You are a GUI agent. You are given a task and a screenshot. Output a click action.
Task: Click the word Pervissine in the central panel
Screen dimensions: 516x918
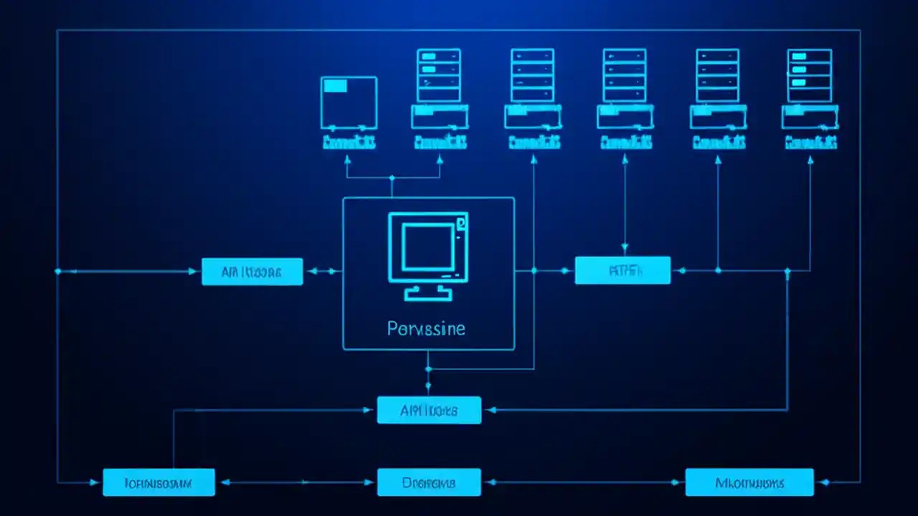tap(426, 329)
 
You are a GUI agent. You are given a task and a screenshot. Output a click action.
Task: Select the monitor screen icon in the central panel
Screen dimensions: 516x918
tap(428, 247)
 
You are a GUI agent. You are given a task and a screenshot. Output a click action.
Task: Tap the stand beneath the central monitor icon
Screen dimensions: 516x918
tap(428, 292)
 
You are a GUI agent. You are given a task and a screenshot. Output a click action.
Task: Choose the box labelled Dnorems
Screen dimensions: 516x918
tap(429, 482)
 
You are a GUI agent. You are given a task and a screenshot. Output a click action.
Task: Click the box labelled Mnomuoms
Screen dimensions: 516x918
tap(749, 482)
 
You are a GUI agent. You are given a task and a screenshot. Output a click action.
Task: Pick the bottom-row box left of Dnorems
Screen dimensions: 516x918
tap(158, 482)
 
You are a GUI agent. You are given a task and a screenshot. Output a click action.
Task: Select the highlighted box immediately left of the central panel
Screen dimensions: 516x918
tap(252, 272)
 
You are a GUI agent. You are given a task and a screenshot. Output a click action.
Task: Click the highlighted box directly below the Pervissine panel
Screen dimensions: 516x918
tap(429, 410)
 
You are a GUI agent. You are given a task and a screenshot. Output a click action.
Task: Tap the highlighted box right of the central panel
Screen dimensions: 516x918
tap(623, 271)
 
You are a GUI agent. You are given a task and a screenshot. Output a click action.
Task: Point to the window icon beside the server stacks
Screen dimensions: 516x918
tap(349, 102)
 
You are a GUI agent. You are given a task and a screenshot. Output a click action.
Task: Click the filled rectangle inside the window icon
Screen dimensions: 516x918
tap(335, 86)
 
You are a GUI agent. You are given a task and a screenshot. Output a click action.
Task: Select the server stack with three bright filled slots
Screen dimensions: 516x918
tap(809, 75)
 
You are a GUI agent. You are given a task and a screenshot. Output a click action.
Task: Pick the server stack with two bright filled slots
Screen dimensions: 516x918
tap(438, 75)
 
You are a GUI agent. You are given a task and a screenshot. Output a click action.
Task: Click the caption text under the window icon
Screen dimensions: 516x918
tap(349, 142)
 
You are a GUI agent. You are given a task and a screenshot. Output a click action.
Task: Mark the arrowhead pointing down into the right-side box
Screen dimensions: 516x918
tap(625, 250)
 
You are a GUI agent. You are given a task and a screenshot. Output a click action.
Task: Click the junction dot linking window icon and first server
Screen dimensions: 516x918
tap(392, 177)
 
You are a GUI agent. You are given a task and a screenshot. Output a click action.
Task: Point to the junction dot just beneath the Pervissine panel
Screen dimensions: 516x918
tap(428, 369)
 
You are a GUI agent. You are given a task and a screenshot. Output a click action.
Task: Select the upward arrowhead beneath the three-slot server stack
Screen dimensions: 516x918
tap(810, 161)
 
